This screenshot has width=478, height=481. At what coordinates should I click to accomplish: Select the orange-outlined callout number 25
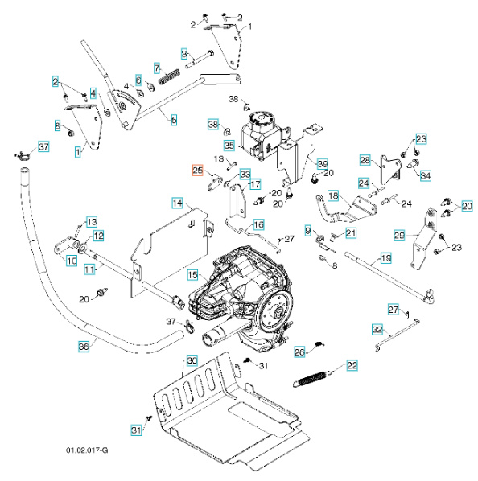(198, 170)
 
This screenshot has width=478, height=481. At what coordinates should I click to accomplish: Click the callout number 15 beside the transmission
(193, 275)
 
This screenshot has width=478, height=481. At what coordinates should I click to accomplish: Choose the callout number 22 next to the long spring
(352, 366)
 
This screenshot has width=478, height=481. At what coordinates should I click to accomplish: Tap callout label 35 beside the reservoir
(229, 146)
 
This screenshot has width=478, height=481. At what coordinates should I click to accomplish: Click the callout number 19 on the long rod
(385, 258)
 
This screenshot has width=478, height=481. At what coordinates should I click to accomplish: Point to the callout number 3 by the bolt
(184, 54)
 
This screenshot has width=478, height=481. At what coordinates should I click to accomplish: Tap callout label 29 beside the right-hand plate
(399, 235)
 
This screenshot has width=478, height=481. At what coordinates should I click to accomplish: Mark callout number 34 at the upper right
(426, 175)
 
